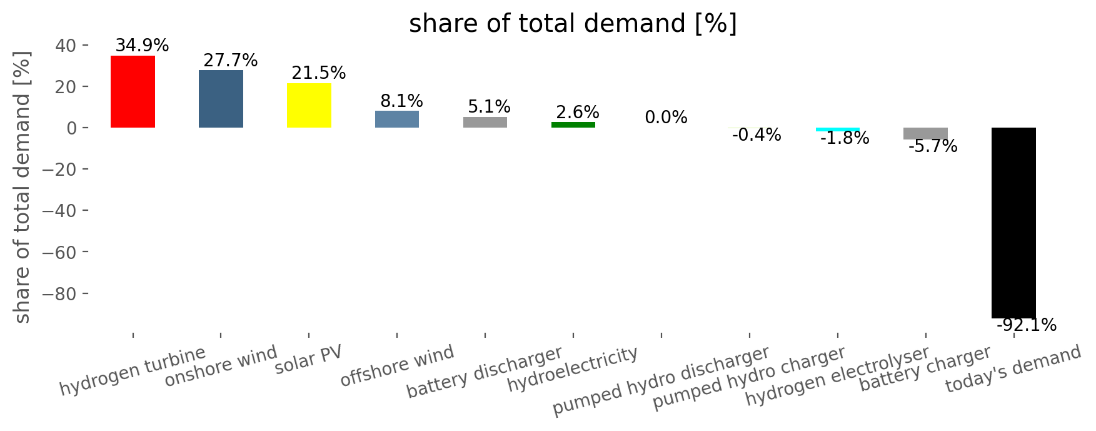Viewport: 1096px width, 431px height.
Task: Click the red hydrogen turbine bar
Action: point(133,91)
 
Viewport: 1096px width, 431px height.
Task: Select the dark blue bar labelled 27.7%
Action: point(221,99)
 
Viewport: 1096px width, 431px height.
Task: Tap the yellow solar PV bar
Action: point(309,105)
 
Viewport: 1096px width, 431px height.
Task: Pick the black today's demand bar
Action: point(1013,223)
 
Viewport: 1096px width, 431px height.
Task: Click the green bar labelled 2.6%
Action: point(573,125)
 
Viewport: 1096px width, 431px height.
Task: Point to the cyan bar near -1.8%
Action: point(838,129)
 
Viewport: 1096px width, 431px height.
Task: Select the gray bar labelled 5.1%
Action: point(485,122)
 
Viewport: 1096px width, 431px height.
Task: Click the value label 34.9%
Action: point(142,46)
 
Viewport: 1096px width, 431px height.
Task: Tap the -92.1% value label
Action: point(1027,325)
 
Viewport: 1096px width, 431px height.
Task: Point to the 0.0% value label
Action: point(666,118)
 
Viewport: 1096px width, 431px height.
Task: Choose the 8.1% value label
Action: point(401,101)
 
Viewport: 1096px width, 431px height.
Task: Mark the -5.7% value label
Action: point(933,146)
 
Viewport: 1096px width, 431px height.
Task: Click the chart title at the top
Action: point(573,24)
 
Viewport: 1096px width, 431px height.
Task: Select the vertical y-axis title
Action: point(23,187)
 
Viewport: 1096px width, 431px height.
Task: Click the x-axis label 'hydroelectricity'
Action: point(573,370)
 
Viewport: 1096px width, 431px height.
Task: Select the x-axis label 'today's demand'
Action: point(1013,369)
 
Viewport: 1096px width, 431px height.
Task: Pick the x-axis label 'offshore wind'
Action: point(397,367)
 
